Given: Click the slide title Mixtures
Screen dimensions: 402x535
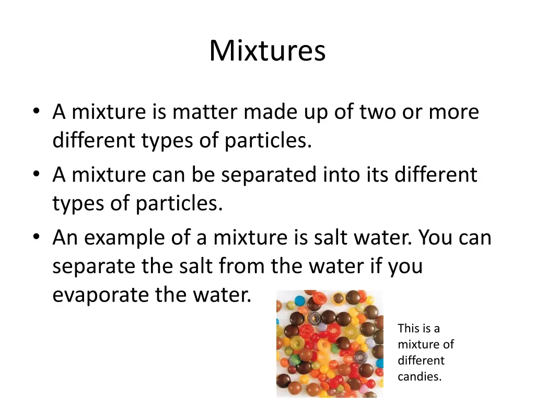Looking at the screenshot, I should click(x=267, y=51).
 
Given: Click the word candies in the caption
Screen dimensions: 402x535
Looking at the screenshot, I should click(x=420, y=376).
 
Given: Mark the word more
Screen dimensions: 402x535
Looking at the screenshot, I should click(x=453, y=112).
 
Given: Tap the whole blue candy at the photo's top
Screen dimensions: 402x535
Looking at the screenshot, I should click(x=299, y=301).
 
